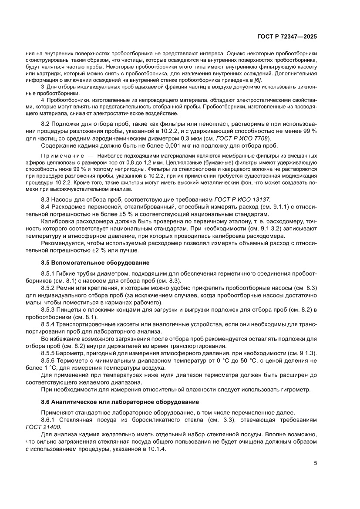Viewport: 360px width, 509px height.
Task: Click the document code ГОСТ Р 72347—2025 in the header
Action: point(286,37)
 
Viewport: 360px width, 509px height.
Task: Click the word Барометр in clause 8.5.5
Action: point(71,353)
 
